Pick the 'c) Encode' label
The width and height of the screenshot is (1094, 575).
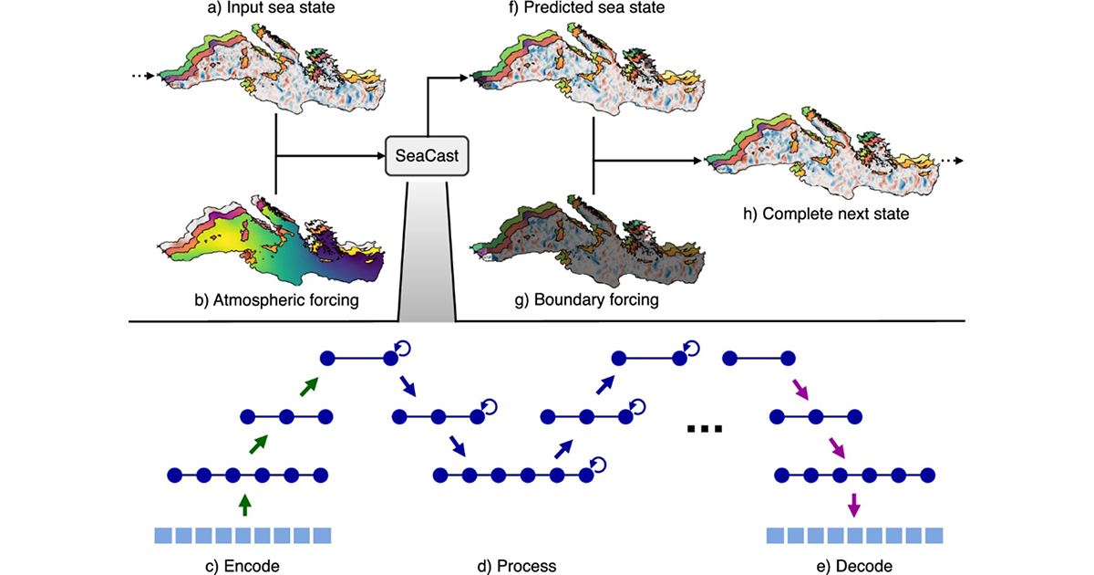[x=242, y=566]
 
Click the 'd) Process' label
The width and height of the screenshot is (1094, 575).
[x=518, y=566]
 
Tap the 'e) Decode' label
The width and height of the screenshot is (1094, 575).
[x=855, y=566]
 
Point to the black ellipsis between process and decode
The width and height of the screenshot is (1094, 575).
[x=705, y=427]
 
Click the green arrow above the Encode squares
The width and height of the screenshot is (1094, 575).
[x=243, y=502]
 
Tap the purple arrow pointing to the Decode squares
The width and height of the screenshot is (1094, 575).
[x=853, y=502]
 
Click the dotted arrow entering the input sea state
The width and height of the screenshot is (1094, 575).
[x=142, y=76]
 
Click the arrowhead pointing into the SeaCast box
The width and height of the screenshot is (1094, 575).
[x=376, y=157]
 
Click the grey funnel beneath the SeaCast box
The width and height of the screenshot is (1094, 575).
[x=427, y=256]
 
